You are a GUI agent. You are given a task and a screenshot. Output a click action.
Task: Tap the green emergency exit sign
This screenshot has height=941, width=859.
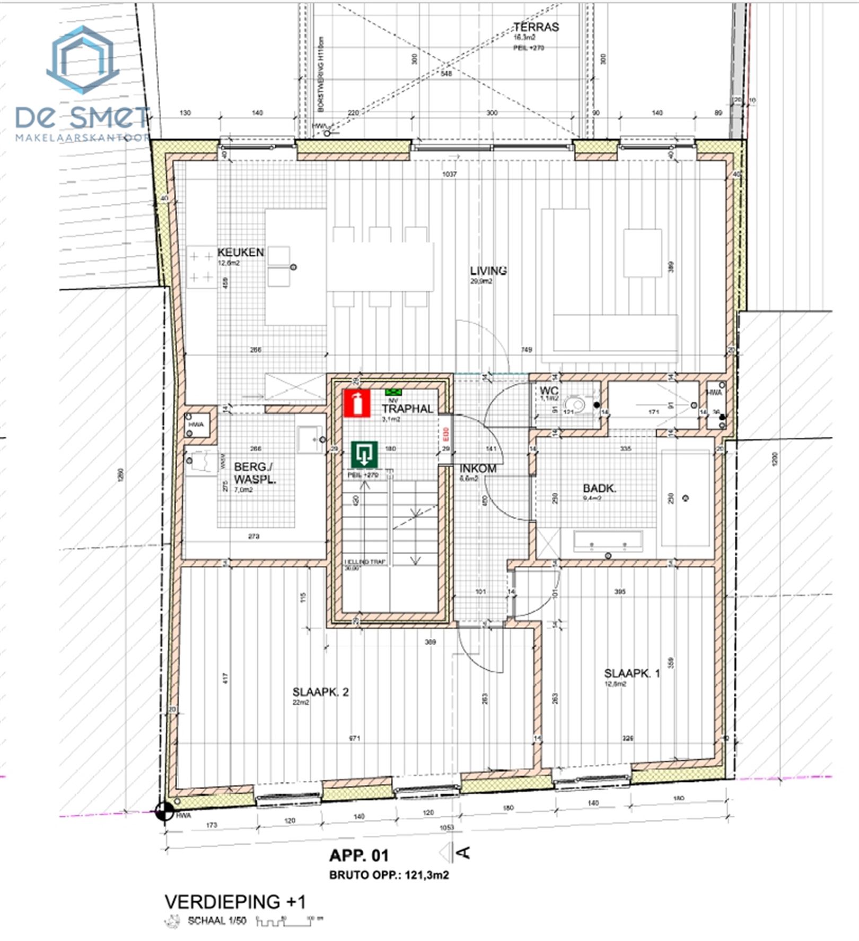pos(364,455)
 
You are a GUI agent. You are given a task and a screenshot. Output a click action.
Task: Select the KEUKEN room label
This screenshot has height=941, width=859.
pos(240,252)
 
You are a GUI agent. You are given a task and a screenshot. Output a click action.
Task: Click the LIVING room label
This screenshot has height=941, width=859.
pos(488,271)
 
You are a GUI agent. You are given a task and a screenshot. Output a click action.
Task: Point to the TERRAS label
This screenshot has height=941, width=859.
pos(536,27)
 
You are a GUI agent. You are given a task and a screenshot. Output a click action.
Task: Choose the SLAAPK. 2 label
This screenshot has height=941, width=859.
pos(320,692)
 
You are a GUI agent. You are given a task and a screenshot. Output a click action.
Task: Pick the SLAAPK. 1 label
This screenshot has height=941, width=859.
pos(632,674)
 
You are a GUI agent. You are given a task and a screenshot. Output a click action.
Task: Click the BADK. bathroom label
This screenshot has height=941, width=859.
pos(599,488)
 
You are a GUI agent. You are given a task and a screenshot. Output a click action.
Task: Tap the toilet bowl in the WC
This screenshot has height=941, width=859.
pos(574,405)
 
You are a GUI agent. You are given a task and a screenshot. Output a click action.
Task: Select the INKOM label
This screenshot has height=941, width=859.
pos(478,469)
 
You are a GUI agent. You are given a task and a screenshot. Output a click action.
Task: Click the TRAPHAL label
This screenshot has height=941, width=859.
pos(407,409)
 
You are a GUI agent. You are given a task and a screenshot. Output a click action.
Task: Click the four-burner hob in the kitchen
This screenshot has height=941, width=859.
pos(202,267)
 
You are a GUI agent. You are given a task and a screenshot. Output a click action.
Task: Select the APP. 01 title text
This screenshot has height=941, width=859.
pos(359,856)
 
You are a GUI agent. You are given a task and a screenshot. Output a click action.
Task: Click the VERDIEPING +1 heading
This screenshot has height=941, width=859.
pos(235,902)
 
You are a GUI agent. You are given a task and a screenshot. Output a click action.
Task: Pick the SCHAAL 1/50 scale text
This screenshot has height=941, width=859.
pos(216,921)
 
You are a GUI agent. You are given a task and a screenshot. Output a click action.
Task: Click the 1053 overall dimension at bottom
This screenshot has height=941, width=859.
pos(446,827)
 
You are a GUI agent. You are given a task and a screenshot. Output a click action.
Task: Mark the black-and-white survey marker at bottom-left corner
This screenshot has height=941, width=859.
pos(165,811)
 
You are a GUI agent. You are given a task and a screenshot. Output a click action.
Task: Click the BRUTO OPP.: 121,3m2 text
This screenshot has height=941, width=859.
pos(389,875)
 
